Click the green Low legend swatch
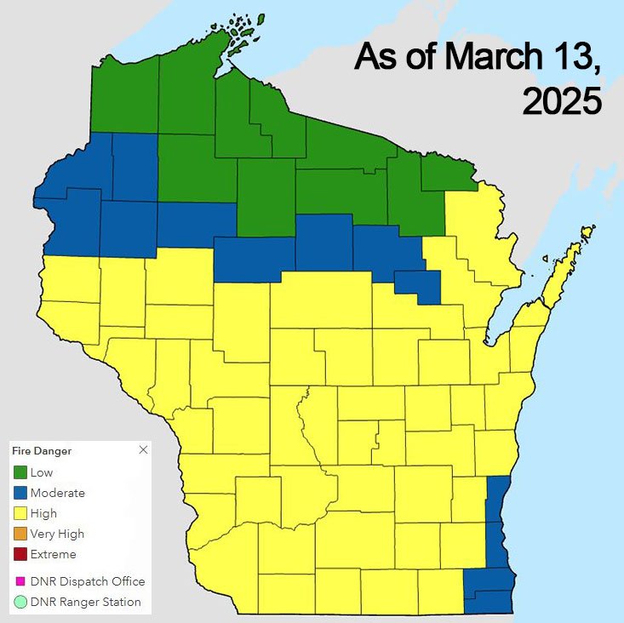20,472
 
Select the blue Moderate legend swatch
20,493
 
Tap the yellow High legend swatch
20,513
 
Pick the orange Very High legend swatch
20,534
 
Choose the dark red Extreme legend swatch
20,554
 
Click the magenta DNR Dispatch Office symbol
20,581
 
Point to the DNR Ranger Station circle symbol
20,602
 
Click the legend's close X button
143,449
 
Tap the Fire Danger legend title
41,450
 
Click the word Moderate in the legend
57,493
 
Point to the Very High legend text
57,534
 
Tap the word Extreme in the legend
53,554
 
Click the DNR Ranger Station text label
85,602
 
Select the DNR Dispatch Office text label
87,581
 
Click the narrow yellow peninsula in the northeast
565,267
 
